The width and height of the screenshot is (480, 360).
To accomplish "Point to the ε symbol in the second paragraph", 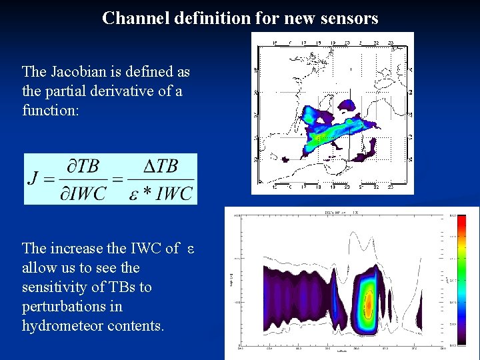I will click(190, 249).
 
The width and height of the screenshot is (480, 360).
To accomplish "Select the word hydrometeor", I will click(61, 326).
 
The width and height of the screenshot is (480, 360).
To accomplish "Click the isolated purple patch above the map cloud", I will click(347, 105).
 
